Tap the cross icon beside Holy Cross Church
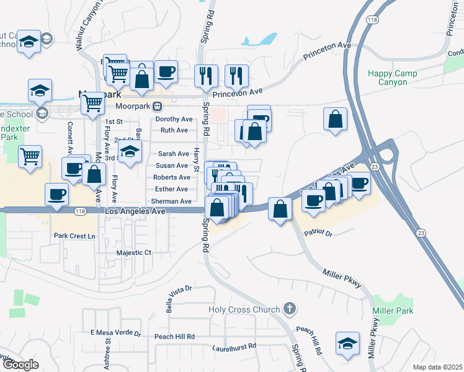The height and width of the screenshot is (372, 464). [x=288, y=308]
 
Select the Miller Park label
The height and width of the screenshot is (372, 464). [x=393, y=310]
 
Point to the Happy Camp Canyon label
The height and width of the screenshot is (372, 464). [x=393, y=77]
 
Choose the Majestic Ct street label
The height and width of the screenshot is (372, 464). [x=134, y=253]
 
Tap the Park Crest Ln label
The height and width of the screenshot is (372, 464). [x=74, y=236]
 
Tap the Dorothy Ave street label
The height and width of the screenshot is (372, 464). [x=174, y=119]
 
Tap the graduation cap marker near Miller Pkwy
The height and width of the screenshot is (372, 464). [x=348, y=343]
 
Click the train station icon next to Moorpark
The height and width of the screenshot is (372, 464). [x=158, y=105]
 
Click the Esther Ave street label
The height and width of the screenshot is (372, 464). [x=171, y=189]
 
